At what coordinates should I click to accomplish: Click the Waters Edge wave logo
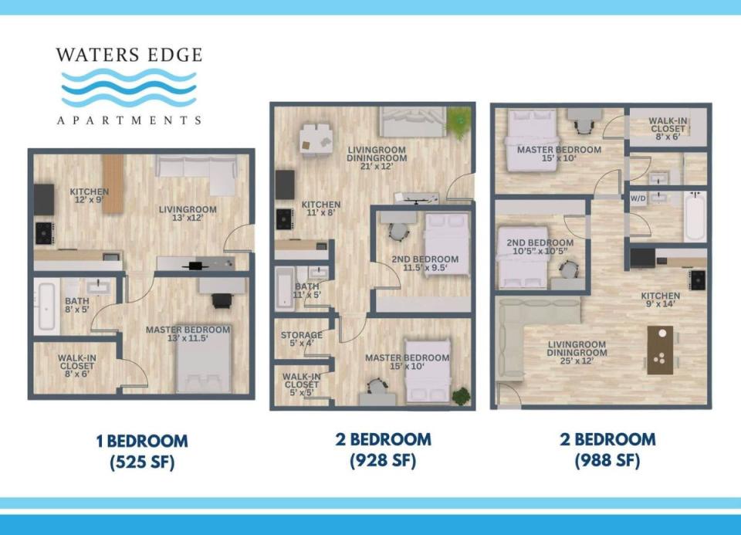[129, 87]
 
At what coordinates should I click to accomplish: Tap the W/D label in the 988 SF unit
[638, 198]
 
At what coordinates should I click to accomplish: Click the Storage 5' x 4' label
[302, 339]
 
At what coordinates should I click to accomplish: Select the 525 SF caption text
[142, 461]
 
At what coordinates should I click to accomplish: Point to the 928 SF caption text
[383, 459]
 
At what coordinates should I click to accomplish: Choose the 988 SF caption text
[607, 459]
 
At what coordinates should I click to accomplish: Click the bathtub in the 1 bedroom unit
[46, 306]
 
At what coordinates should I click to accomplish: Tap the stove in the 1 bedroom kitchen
[45, 233]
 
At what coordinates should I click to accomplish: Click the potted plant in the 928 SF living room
[458, 122]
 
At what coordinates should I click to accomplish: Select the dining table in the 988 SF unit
[660, 350]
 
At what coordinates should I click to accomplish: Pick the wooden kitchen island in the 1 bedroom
[113, 184]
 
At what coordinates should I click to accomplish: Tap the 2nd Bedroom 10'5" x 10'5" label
[540, 246]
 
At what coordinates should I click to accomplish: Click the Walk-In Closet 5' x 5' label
[302, 384]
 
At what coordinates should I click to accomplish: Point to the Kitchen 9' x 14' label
[660, 300]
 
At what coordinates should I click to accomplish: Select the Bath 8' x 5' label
[77, 305]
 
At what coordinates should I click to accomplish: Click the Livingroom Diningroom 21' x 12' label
[377, 157]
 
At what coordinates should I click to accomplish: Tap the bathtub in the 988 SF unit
[695, 215]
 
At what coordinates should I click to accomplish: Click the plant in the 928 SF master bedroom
[461, 396]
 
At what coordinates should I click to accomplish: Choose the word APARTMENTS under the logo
[129, 120]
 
